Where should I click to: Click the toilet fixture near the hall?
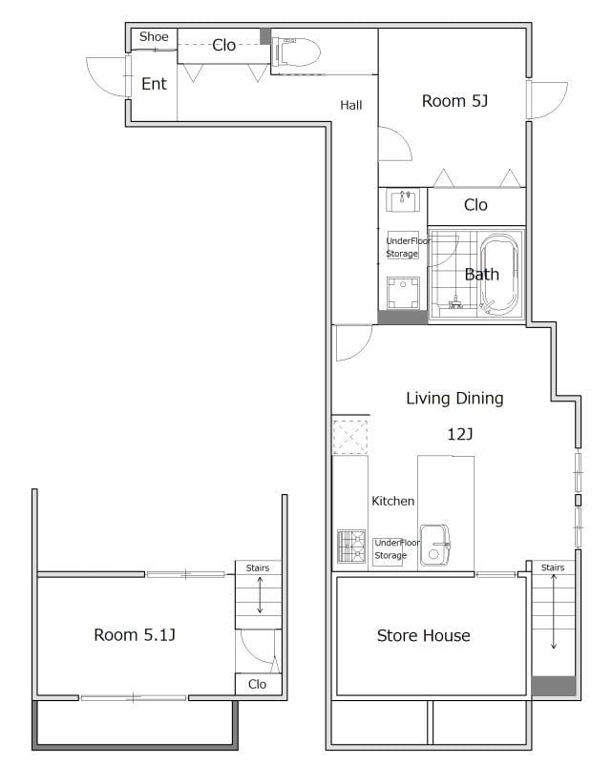coord(296,52)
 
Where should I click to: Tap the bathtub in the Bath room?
coord(499,274)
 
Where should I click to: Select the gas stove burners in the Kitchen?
coord(351,546)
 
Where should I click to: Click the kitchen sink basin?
coord(434,545)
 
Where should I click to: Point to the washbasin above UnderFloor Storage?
coord(403,200)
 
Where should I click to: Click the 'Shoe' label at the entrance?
coord(154,37)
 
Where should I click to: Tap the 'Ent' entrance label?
coord(154,84)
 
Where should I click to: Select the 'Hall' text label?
coord(350,105)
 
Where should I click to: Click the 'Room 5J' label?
coord(454,101)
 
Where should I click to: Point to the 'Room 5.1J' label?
coord(135,634)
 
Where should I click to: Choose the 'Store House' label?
coord(423,635)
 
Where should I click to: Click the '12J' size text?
coord(460,434)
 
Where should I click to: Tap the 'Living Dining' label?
coord(454,399)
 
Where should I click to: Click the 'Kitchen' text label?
coord(392,501)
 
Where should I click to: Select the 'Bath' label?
coord(481,275)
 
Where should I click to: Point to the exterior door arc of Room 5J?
coord(556,106)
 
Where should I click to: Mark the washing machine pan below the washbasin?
coord(403,293)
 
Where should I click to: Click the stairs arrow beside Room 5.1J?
coord(260,594)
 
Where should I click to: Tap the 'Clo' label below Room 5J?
coord(475,205)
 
